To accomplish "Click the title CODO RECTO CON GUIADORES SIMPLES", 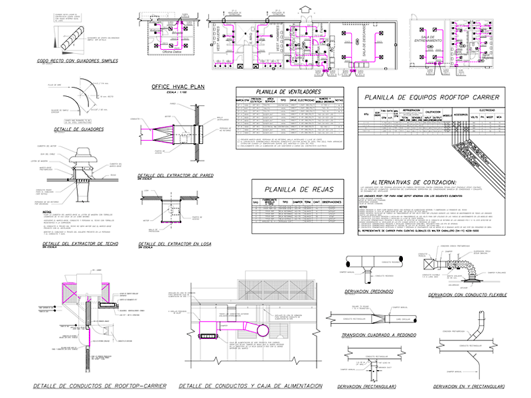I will point(78,60).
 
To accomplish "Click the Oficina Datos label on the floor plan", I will point(163,60).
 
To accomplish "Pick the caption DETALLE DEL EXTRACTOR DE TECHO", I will point(79,244).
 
